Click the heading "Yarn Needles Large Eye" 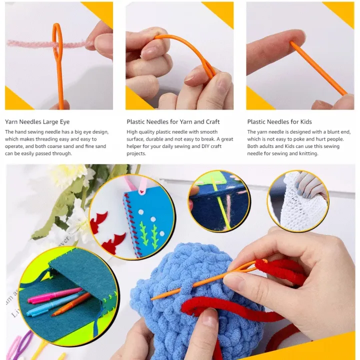[37, 121]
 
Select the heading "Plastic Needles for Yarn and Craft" [173, 121]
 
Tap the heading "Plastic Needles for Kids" [279, 121]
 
